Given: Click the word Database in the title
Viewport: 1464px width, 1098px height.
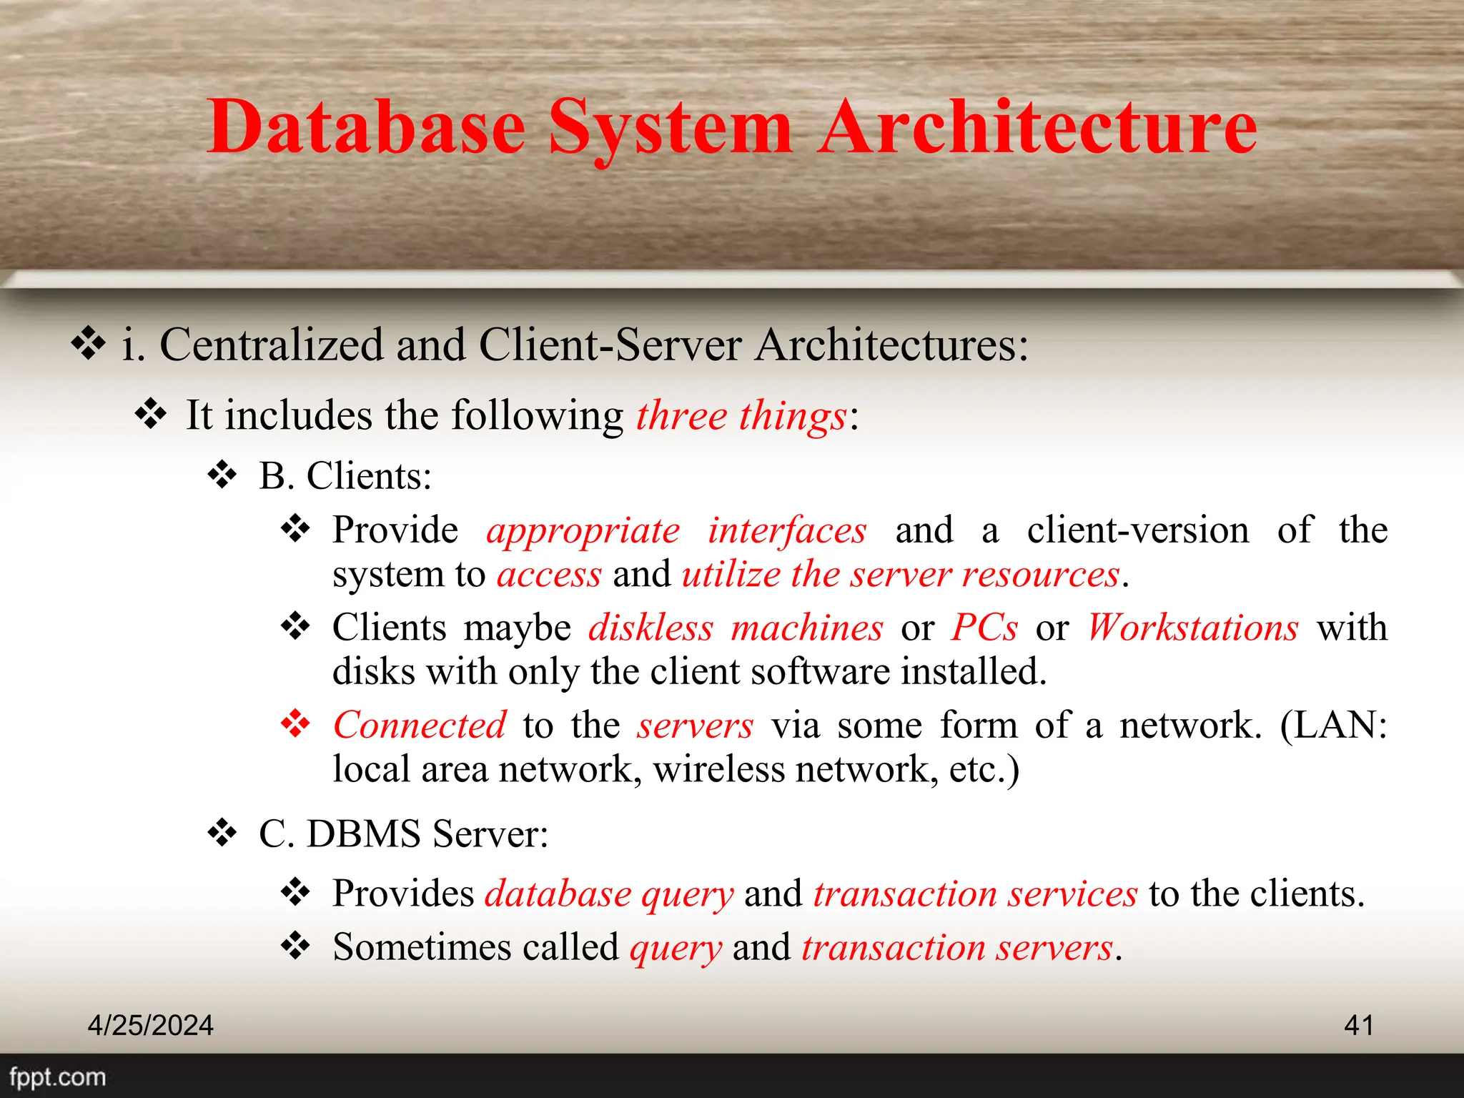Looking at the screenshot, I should [x=366, y=127].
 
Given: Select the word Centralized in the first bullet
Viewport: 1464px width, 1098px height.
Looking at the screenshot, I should [x=272, y=345].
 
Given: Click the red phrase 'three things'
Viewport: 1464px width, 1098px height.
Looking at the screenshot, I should [x=741, y=415].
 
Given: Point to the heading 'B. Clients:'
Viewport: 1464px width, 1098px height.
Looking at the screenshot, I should [x=345, y=476].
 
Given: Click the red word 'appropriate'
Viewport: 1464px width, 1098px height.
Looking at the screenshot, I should [x=583, y=531].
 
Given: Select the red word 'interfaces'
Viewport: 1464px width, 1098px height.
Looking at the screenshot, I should [x=787, y=531].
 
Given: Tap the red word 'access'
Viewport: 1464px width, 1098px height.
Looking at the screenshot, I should [x=549, y=575].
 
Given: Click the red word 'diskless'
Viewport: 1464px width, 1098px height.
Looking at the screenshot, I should [x=651, y=628].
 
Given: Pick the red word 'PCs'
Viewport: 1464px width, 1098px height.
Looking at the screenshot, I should [x=984, y=628].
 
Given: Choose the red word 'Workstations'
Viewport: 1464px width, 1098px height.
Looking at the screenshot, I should [x=1192, y=628].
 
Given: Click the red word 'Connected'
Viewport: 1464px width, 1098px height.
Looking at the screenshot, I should [x=420, y=726].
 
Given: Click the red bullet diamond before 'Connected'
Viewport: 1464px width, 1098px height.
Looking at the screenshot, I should [x=295, y=724].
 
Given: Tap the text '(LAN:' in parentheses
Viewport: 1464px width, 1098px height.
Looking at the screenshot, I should [x=1333, y=726].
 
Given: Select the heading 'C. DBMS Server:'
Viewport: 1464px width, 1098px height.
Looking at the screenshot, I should [x=403, y=834].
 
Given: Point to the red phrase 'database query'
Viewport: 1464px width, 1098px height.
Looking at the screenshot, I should [x=609, y=894].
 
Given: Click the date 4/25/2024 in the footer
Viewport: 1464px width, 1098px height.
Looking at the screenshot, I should [x=150, y=1025].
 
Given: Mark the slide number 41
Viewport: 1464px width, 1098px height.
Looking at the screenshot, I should [x=1358, y=1025].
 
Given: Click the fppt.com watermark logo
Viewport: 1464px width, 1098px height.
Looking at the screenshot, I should [x=57, y=1077].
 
